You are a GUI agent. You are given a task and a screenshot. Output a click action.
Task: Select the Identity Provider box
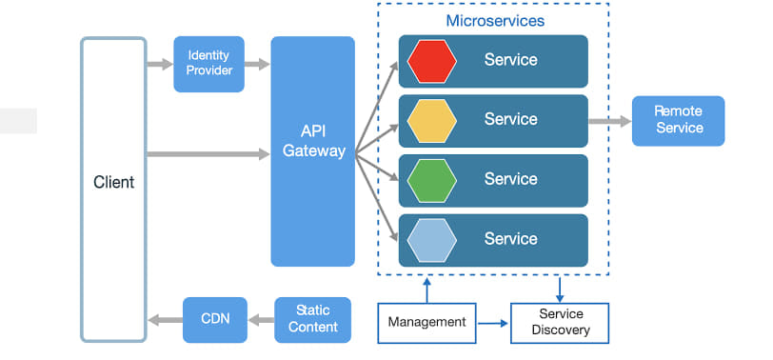(208, 64)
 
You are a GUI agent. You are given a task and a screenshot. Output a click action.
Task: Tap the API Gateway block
(313, 150)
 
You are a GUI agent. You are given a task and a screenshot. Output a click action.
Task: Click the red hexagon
(431, 60)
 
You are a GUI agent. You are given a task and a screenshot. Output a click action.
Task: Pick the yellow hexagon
(431, 120)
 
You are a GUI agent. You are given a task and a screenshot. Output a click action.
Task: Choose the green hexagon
(431, 180)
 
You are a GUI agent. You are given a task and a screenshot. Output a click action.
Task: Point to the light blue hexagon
(431, 240)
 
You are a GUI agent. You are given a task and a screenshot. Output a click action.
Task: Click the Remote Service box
(678, 120)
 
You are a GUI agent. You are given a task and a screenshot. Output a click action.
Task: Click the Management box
(426, 322)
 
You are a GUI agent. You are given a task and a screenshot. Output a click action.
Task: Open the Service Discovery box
(559, 322)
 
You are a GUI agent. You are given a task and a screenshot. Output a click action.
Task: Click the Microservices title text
(495, 20)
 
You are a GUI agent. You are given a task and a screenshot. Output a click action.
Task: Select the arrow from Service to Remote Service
(609, 121)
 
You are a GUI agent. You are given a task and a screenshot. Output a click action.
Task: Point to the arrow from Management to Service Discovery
(492, 323)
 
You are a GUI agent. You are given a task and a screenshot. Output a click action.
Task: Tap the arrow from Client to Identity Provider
(160, 65)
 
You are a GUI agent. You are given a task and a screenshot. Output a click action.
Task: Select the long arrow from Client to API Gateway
(208, 152)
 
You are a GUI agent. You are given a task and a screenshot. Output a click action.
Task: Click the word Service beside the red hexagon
(510, 60)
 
